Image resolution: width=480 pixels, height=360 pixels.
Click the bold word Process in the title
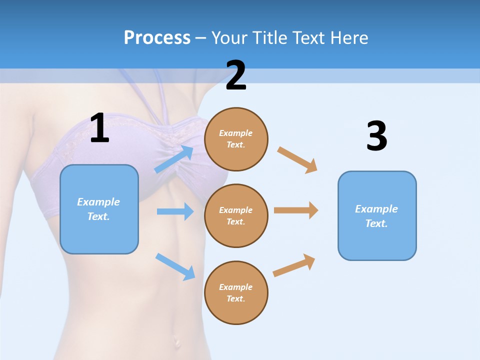(157, 37)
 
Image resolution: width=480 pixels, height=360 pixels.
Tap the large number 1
(99, 128)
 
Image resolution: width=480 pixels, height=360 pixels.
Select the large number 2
(236, 75)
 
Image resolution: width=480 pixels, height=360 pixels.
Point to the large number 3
(376, 136)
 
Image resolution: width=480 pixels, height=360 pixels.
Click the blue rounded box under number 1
(99, 209)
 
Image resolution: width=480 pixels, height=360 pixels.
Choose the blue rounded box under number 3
(377, 215)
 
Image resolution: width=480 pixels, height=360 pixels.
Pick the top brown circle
(236, 139)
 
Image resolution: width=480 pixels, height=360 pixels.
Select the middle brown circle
(236, 215)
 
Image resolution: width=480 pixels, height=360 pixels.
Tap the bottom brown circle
(236, 292)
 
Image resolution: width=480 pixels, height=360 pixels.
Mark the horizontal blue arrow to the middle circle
(175, 211)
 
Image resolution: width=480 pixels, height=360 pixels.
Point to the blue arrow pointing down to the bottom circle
(175, 266)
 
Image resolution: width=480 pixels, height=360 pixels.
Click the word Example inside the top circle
(236, 133)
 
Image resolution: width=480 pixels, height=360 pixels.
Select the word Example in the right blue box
(376, 209)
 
